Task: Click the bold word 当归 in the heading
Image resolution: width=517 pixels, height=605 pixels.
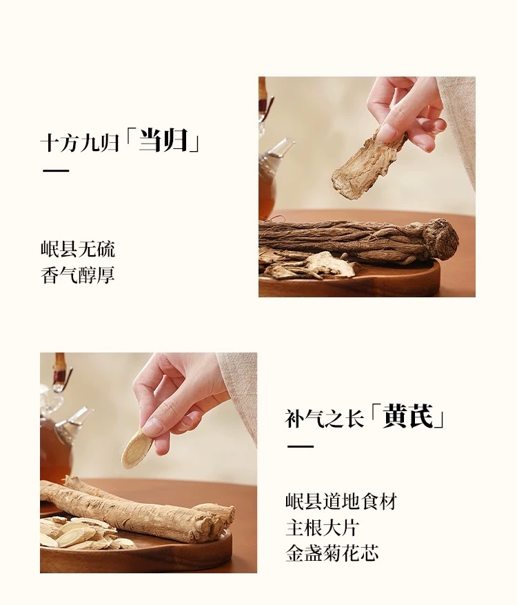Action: pyautogui.click(x=163, y=141)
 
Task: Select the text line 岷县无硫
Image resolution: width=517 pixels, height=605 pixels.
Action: pyautogui.click(x=78, y=249)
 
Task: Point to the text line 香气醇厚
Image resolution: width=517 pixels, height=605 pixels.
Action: pyautogui.click(x=78, y=275)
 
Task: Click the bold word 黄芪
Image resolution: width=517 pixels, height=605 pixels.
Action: pyautogui.click(x=408, y=416)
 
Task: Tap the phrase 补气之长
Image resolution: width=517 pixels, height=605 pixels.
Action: pyautogui.click(x=324, y=419)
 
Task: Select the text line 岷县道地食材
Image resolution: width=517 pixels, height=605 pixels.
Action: pyautogui.click(x=341, y=502)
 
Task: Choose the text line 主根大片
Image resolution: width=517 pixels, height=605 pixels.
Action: pyautogui.click(x=323, y=528)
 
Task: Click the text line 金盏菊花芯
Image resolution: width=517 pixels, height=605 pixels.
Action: pyautogui.click(x=332, y=553)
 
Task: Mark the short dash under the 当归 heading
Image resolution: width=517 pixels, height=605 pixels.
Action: pyautogui.click(x=56, y=170)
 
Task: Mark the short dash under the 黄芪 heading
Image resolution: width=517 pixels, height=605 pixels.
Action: pyautogui.click(x=301, y=446)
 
